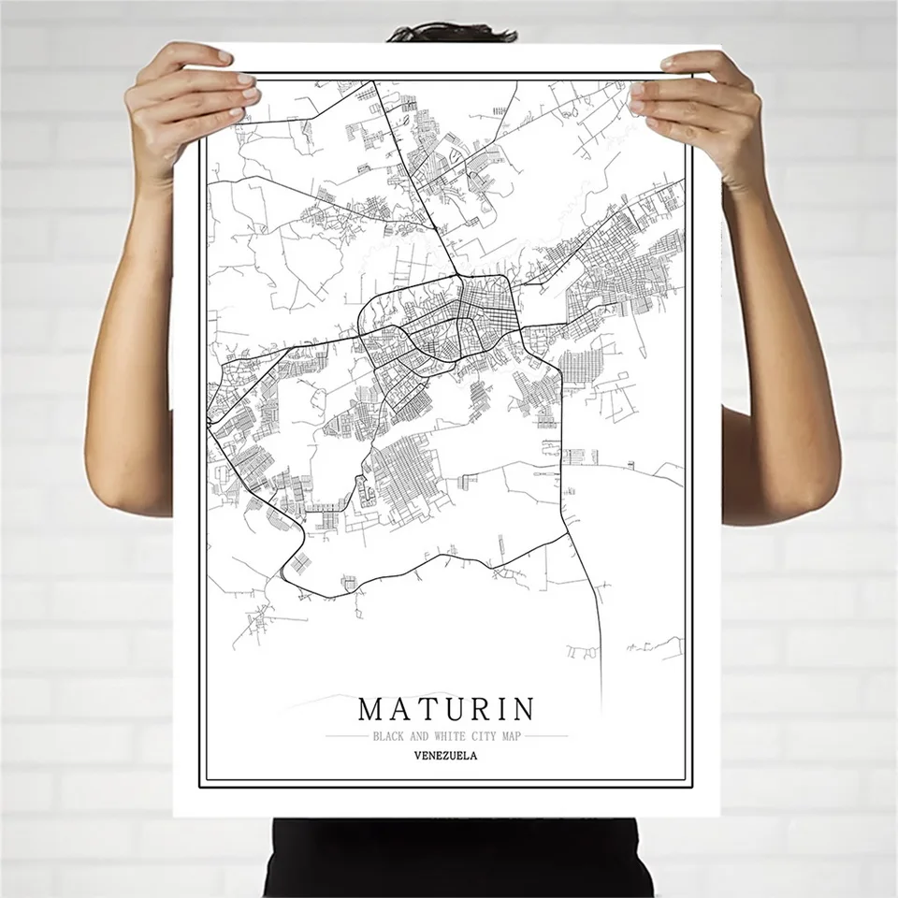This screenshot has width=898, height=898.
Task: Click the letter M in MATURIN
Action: click(x=371, y=708)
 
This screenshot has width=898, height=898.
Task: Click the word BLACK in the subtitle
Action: click(x=387, y=737)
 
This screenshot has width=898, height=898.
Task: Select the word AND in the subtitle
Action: click(x=419, y=737)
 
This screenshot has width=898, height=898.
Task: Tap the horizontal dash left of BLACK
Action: click(x=346, y=737)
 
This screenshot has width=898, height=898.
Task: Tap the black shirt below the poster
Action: click(x=449, y=856)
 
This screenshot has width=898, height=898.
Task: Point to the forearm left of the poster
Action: click(x=145, y=374)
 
